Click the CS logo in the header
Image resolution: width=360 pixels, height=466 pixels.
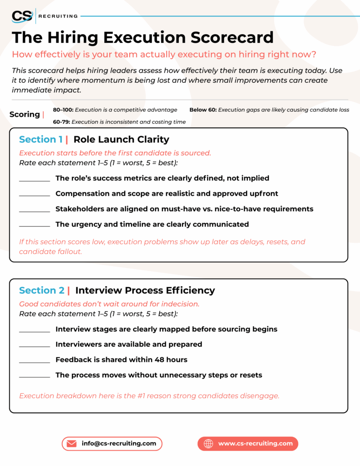pos(22,16)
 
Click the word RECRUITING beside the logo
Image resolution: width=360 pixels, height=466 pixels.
pos(58,16)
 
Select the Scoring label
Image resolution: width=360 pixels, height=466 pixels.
pos(25,114)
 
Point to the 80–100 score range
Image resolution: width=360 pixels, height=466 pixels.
pos(62,110)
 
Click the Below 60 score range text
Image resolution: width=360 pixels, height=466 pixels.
pos(203,110)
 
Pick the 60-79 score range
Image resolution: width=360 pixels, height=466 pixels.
pos(61,122)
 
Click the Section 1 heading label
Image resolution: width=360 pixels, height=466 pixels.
pos(41,139)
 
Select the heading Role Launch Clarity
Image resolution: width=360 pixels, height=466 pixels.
pos(121,139)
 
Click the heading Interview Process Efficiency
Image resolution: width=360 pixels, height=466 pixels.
pos(145,290)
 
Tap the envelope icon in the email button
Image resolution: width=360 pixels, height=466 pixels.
pos(71,443)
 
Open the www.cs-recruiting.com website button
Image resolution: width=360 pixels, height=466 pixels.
pos(248,443)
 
